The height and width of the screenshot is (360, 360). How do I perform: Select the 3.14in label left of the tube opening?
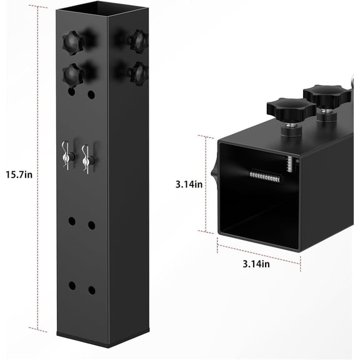pyautogui.click(x=189, y=184)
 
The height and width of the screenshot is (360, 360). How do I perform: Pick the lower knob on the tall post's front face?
pyautogui.click(x=73, y=74)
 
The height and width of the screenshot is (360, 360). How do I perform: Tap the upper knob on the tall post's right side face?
pyautogui.click(x=137, y=41)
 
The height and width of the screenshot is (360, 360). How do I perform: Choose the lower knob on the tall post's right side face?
pyautogui.click(x=137, y=72)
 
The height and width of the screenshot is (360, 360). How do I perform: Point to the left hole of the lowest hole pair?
pyautogui.click(x=72, y=285)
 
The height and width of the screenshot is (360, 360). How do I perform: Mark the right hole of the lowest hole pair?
pyautogui.click(x=92, y=290)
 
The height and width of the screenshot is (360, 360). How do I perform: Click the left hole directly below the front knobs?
pyautogui.click(x=72, y=91)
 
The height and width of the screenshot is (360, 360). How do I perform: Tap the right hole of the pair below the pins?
pyautogui.click(x=92, y=225)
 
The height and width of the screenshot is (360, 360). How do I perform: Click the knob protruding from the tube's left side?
pyautogui.click(x=213, y=169)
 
